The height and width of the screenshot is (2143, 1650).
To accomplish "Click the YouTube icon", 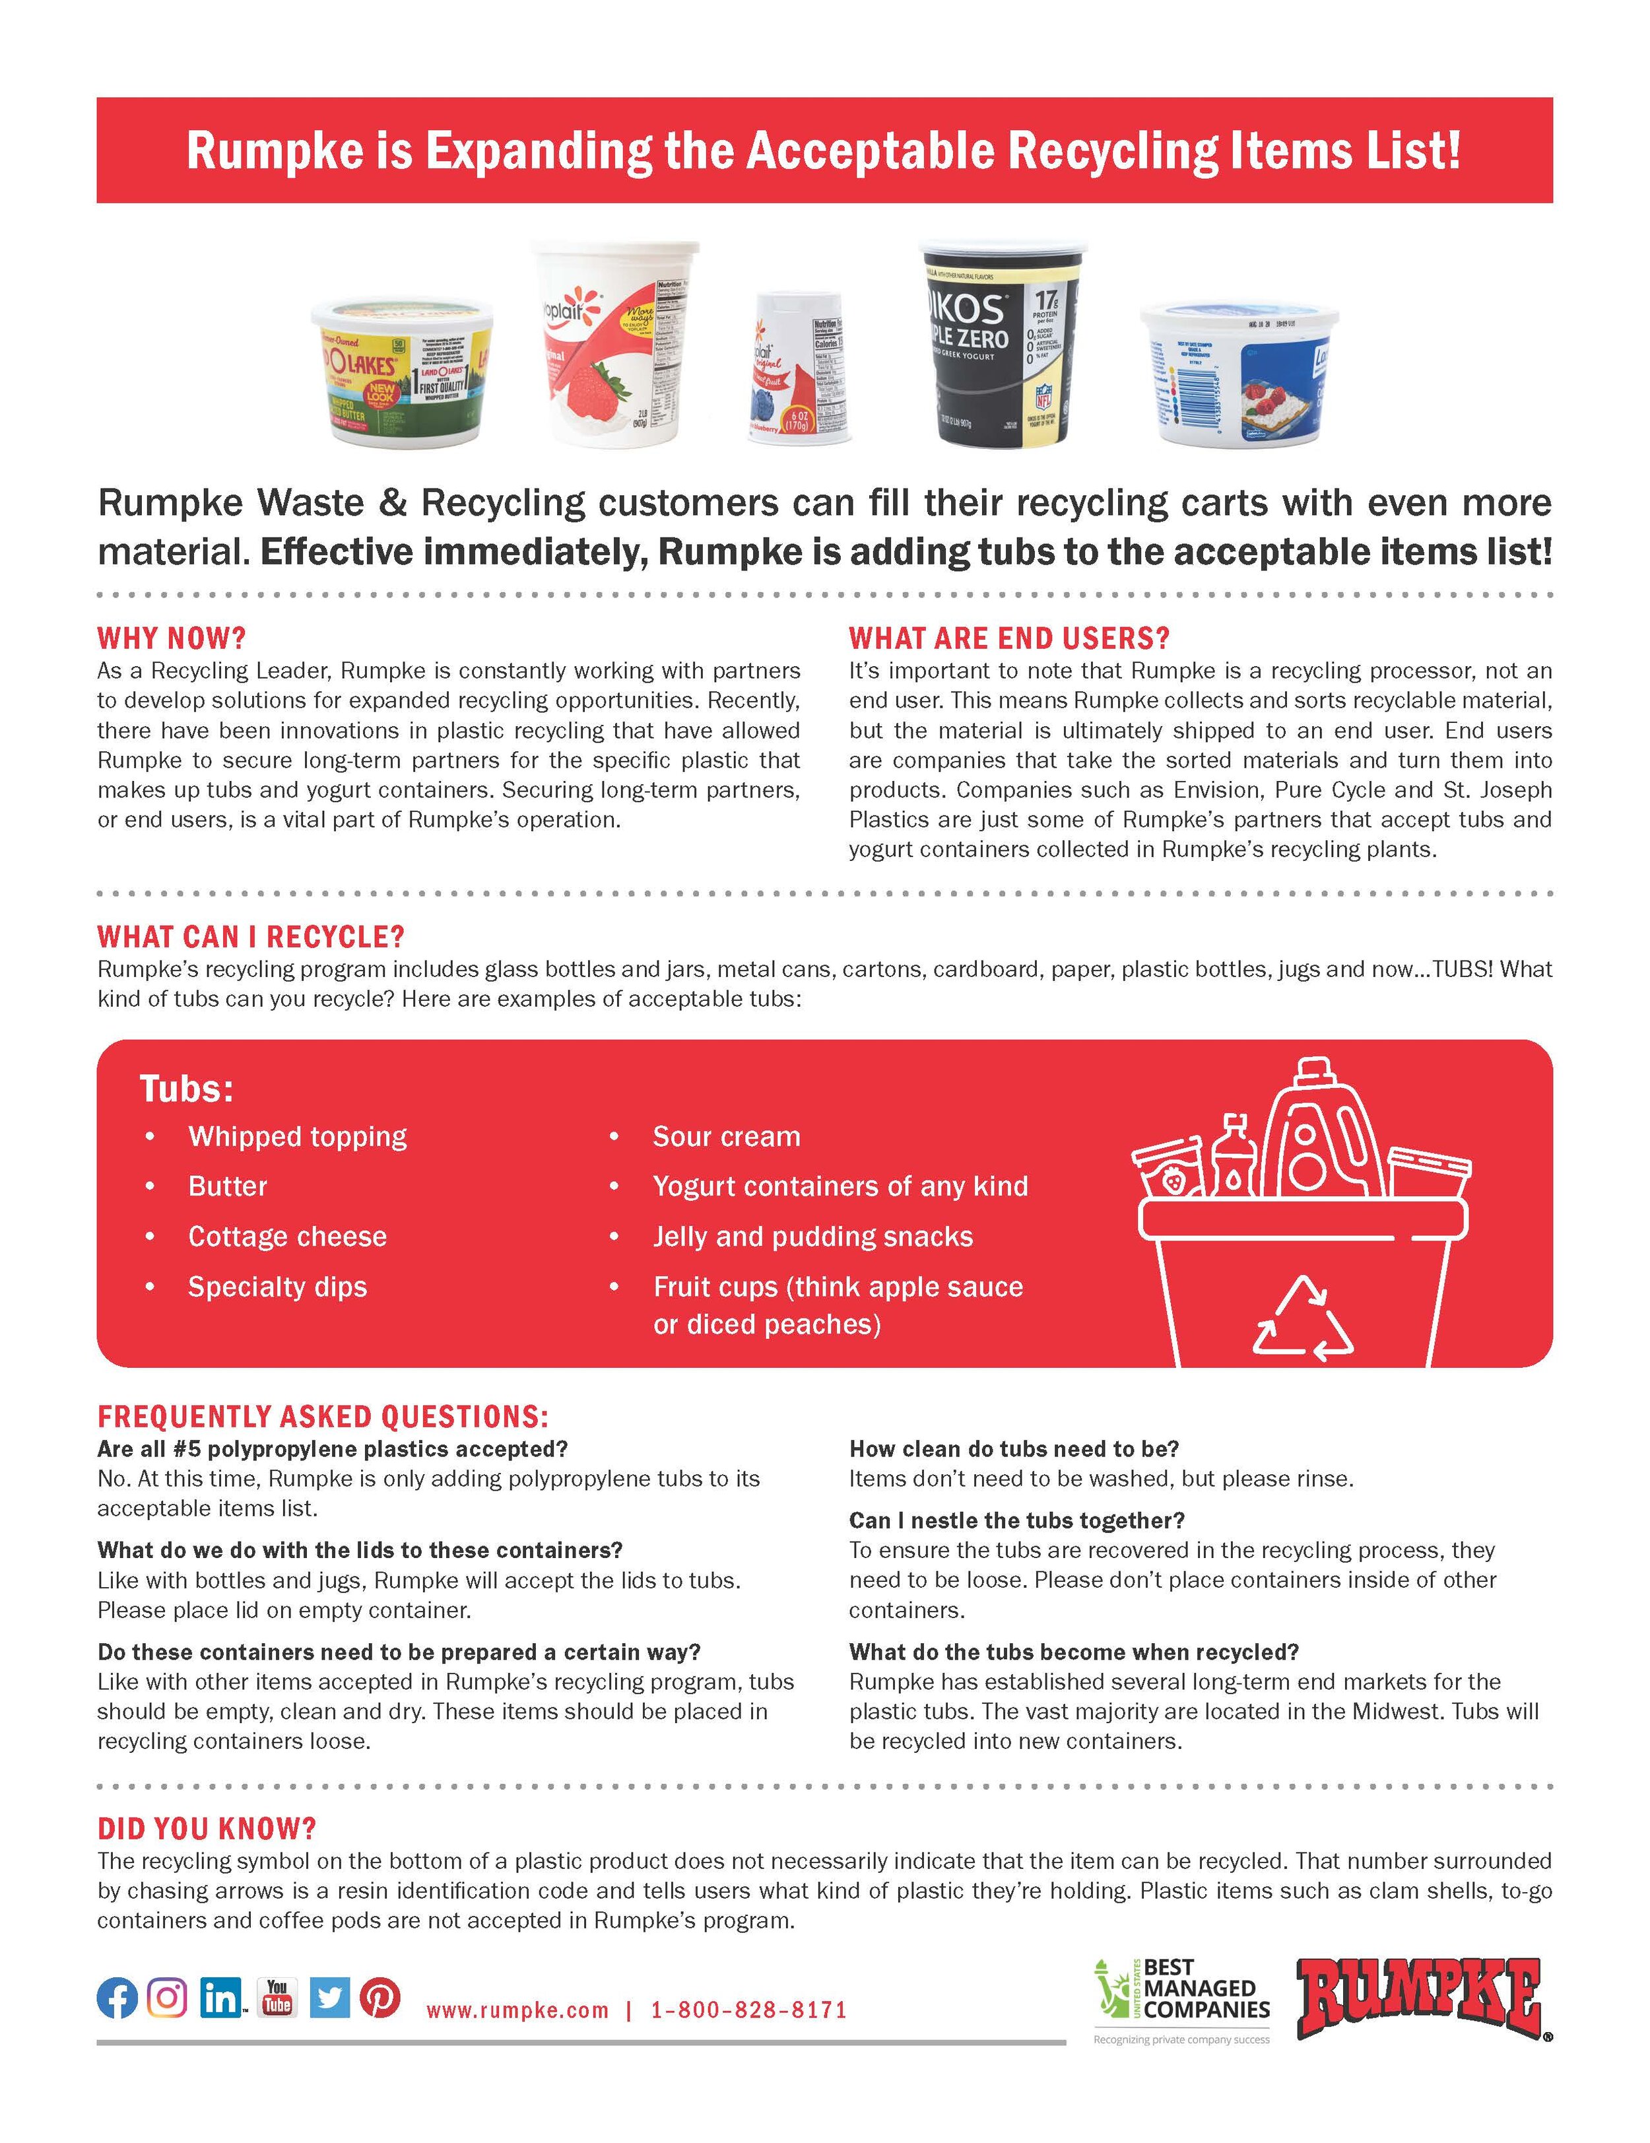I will (x=277, y=1996).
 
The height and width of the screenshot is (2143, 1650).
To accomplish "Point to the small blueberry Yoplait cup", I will (x=797, y=369).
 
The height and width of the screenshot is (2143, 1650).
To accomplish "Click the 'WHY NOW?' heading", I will (x=172, y=639).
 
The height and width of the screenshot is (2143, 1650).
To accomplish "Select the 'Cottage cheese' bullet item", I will (x=287, y=1237).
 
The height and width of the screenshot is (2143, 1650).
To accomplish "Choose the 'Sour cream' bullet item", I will (x=727, y=1136).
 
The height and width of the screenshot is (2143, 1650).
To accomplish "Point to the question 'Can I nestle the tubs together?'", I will (x=1016, y=1520).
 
